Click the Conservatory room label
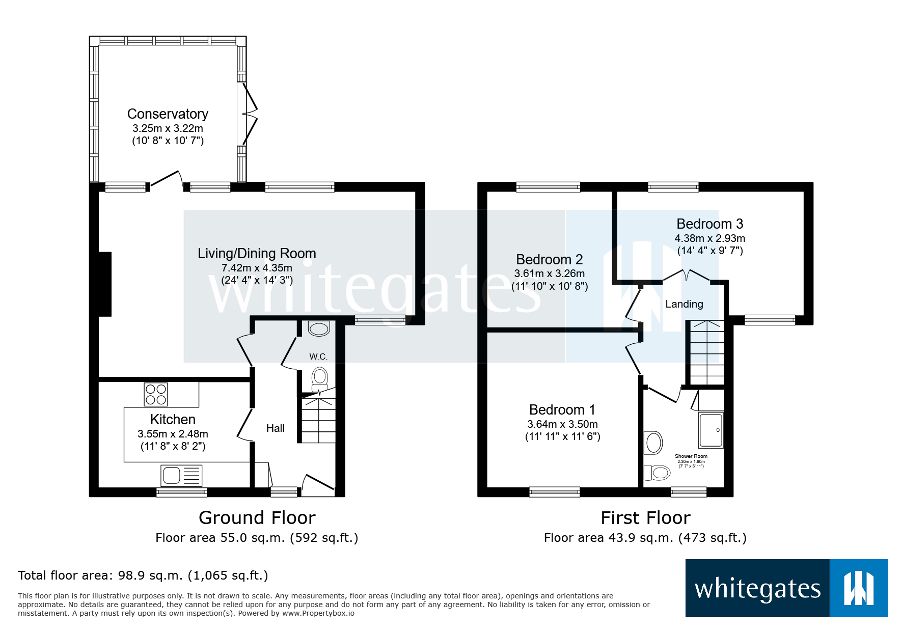click(x=168, y=114)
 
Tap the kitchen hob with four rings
click(x=156, y=394)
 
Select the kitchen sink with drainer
click(x=181, y=476)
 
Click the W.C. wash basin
click(x=319, y=328)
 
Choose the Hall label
click(x=275, y=428)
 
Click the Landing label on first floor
click(x=684, y=304)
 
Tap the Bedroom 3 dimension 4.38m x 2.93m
click(x=709, y=238)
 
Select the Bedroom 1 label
click(x=562, y=409)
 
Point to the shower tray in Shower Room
click(x=711, y=430)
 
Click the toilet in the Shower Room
click(x=657, y=473)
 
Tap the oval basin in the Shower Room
click(x=654, y=442)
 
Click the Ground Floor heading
click(x=257, y=517)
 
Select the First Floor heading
click(x=645, y=517)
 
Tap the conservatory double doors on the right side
click(x=250, y=114)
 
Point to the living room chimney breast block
click(x=104, y=284)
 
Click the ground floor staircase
click(x=319, y=420)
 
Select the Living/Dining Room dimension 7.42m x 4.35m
click(x=257, y=268)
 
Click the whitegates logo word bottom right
click(x=757, y=589)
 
